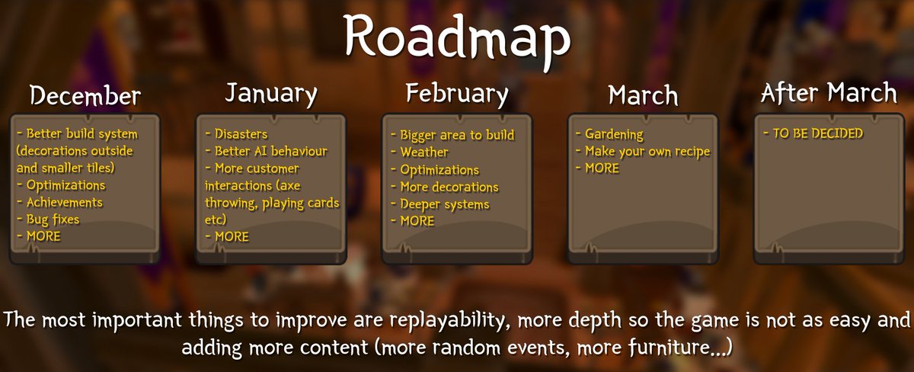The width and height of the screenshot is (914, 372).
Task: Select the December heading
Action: (x=85, y=96)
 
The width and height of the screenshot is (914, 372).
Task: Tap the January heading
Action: (x=270, y=94)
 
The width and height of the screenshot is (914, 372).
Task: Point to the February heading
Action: (x=457, y=94)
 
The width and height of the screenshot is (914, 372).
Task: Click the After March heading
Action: (x=829, y=94)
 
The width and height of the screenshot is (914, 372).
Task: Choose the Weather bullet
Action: (x=424, y=152)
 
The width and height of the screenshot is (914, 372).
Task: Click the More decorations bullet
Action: (x=449, y=187)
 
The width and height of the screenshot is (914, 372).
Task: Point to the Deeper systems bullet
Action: (x=444, y=204)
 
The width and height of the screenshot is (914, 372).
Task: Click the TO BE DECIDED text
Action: (x=813, y=133)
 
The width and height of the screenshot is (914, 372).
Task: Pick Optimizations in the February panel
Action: (x=439, y=170)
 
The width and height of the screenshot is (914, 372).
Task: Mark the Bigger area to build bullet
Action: (x=457, y=136)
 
